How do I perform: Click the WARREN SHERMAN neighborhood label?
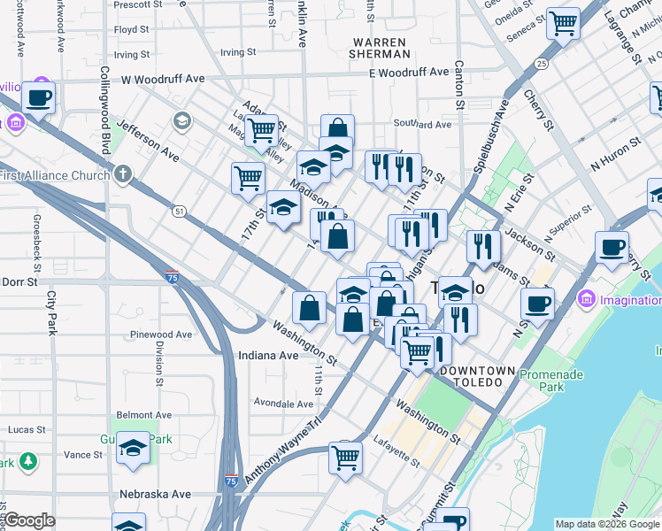379,48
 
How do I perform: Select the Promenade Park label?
551,381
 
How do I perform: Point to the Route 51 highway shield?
180,211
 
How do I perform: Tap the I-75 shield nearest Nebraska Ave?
230,481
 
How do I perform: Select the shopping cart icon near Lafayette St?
345,458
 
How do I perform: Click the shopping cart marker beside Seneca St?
563,23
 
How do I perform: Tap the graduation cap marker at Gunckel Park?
133,448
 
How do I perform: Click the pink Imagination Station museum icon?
586,300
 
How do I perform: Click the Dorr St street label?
19,282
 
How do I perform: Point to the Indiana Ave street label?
268,355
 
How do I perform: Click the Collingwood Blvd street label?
104,106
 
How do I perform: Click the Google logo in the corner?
29,520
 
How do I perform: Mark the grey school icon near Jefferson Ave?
181,120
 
